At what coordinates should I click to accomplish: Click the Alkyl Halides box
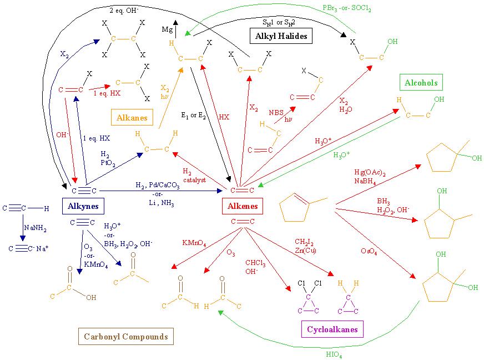click(x=281, y=36)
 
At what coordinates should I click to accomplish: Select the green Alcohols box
click(x=421, y=82)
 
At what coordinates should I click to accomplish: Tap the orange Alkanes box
click(x=132, y=117)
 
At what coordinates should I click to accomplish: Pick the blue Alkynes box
click(x=83, y=206)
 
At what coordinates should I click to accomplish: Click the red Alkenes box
click(x=243, y=206)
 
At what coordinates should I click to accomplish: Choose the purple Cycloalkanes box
click(x=332, y=329)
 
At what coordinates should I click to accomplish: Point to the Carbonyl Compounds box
click(x=126, y=336)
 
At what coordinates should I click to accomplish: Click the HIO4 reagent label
click(x=334, y=354)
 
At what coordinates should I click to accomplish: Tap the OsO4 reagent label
click(x=369, y=251)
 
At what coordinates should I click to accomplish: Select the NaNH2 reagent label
click(x=35, y=228)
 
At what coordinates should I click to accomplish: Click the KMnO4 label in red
click(x=194, y=243)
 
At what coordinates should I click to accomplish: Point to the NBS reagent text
click(x=276, y=112)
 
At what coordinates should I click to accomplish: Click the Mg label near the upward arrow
click(x=167, y=29)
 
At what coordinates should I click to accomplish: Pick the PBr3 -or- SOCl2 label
click(x=347, y=8)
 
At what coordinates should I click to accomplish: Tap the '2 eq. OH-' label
click(x=124, y=10)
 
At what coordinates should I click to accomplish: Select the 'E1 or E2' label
click(x=194, y=116)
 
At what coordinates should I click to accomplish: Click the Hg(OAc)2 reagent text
click(x=370, y=172)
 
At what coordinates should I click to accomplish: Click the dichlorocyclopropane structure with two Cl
click(x=309, y=297)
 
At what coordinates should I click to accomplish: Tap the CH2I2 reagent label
click(x=304, y=242)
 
